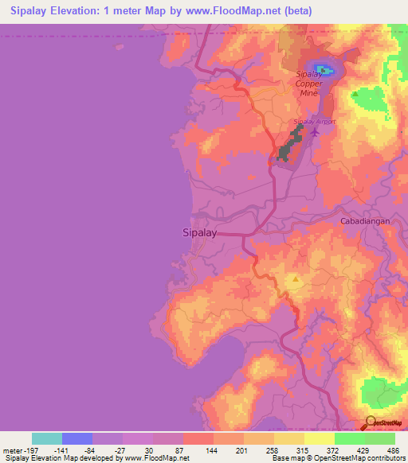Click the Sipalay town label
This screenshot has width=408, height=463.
coord(194,234)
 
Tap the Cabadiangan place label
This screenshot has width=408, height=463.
coord(365,220)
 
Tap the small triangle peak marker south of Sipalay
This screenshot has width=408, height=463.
coord(296,279)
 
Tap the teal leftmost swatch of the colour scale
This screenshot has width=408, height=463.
coord(47,438)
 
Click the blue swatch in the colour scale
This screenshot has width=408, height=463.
coord(77,438)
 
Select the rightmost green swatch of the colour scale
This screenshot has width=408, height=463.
coord(380,438)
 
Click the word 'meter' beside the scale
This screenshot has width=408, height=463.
coord(12,450)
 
